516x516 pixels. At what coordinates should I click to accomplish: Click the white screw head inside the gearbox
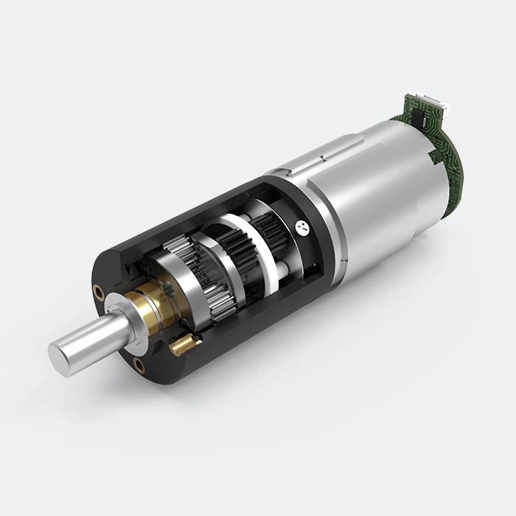pos(301,227)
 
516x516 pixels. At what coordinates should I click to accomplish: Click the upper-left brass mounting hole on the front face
pos(99,293)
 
